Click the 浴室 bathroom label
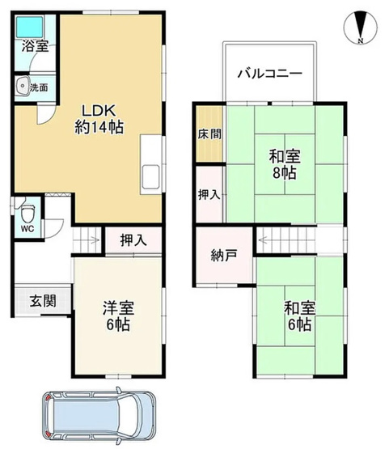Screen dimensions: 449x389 [x=35, y=47]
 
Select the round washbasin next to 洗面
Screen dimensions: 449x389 [x=23, y=84]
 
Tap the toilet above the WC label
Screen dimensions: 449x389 [x=27, y=214]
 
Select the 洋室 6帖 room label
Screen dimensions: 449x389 [x=117, y=316]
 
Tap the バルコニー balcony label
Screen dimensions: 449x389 [x=269, y=73]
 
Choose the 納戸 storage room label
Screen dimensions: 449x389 [x=224, y=256]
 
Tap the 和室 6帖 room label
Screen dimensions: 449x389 [x=297, y=316]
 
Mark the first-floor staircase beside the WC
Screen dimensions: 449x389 [x=87, y=239]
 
